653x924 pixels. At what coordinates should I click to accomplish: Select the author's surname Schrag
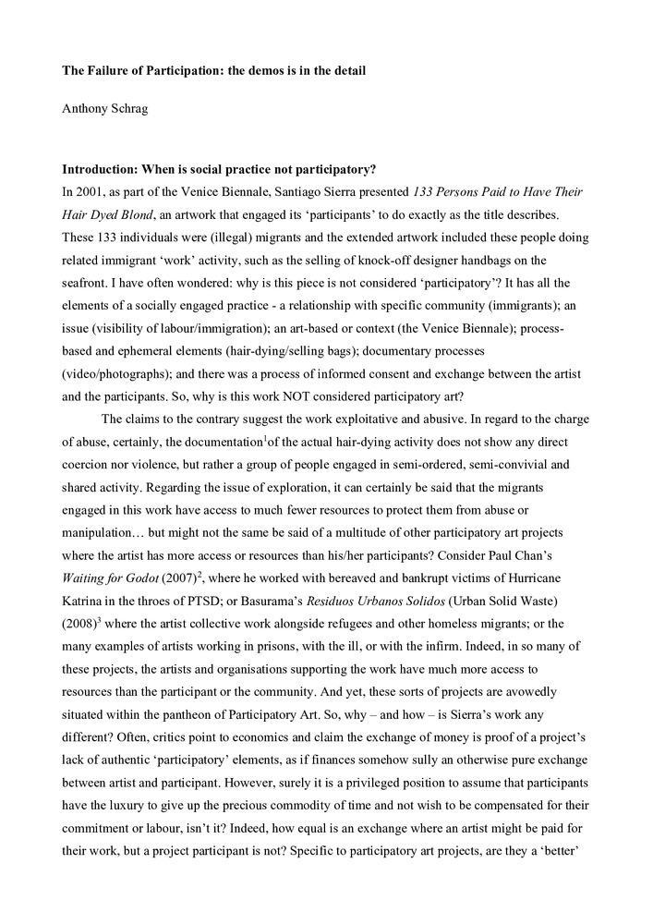click(x=129, y=107)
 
